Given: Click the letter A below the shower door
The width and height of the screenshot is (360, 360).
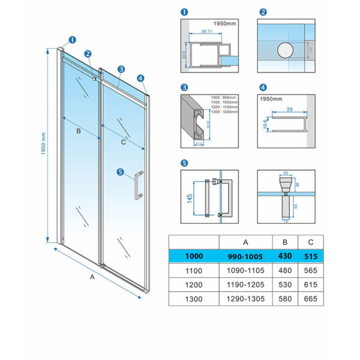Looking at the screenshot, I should click(92, 277).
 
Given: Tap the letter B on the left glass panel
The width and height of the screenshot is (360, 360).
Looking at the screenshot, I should click(77, 129).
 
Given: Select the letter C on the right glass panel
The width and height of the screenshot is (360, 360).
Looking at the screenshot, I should click(123, 142).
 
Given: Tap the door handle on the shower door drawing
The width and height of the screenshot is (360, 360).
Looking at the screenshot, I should click(139, 185).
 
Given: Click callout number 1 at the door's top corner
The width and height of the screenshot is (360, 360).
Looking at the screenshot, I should click(72, 41).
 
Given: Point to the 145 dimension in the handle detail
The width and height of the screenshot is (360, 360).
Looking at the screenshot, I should click(190, 198).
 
